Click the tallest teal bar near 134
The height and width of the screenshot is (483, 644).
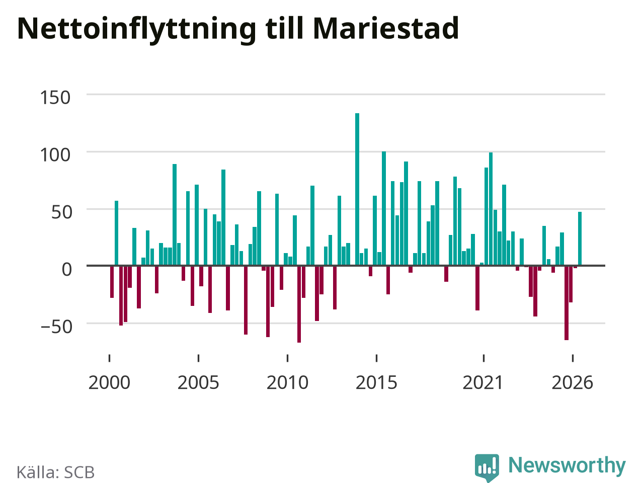[357, 190]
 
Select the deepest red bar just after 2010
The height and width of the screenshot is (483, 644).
[299, 304]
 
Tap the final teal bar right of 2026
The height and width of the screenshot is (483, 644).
[580, 238]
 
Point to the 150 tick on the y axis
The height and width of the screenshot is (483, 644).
[55, 98]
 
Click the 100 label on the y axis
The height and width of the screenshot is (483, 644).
[55, 155]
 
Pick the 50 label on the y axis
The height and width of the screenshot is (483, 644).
[61, 212]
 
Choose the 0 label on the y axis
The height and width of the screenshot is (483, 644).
[66, 269]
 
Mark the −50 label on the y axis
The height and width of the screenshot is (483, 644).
[56, 327]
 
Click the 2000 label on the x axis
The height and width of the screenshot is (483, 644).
[109, 383]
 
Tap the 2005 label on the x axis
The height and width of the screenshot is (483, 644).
[198, 383]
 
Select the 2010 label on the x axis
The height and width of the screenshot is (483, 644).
[287, 383]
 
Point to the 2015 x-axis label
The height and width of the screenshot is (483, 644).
[376, 383]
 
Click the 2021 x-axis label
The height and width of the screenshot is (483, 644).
[483, 383]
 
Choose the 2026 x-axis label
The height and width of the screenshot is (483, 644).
[573, 383]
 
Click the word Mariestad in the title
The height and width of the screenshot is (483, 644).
[386, 28]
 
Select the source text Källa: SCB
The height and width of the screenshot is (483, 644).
[55, 472]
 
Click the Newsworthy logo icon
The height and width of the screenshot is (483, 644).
[487, 467]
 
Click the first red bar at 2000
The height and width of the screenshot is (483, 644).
[112, 282]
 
